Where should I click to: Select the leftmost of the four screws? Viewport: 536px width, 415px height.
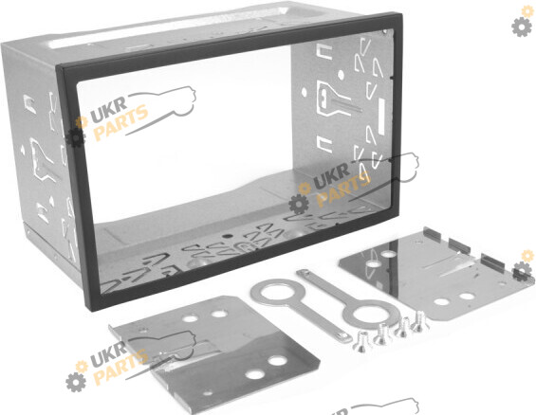360,342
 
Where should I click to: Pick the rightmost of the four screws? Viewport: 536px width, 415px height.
418,321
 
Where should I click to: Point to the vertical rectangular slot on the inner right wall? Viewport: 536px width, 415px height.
381,116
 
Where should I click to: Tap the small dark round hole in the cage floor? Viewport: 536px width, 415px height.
226,236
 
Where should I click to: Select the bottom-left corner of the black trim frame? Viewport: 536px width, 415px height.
88,308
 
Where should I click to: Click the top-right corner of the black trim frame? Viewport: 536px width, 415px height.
400,14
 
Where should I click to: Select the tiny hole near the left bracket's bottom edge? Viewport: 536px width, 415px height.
208,393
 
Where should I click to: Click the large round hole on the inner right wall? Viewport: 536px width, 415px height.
341,75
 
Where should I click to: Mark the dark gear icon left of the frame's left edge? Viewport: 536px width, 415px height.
75,137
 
